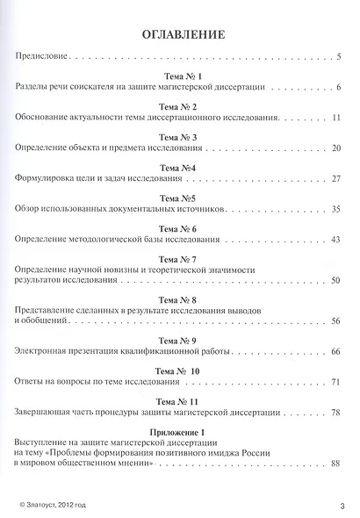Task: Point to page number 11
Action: [335, 117]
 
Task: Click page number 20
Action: [335, 148]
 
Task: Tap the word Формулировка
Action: [47, 179]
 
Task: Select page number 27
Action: [335, 179]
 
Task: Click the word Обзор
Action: [30, 210]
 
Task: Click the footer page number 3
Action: [341, 505]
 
